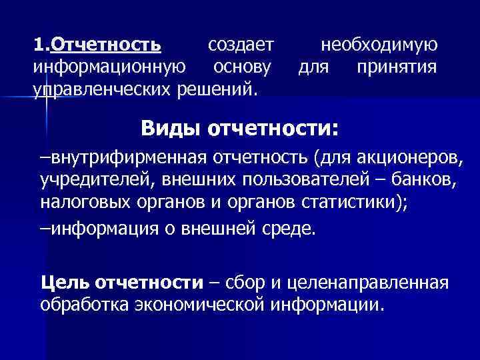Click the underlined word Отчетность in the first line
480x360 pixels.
(x=106, y=45)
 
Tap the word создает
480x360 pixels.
(x=241, y=45)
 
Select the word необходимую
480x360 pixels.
(x=379, y=45)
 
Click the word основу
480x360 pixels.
(x=241, y=67)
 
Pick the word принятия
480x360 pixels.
(x=397, y=67)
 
